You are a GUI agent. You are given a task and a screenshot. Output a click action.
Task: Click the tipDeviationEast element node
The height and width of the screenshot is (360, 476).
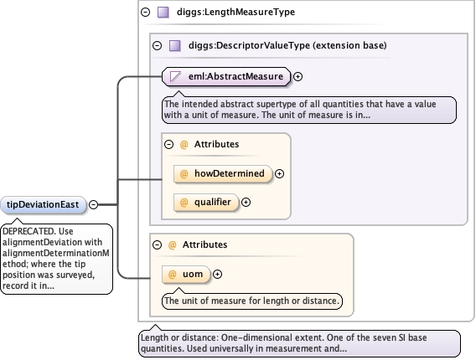[x=43, y=205]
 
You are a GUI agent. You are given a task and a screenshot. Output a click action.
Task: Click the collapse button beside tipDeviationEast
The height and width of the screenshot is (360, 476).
[x=94, y=205]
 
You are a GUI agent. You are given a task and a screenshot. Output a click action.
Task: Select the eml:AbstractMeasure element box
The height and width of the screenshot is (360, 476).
[x=226, y=76]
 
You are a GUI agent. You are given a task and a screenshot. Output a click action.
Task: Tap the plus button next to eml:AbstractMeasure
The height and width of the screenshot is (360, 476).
[x=297, y=76]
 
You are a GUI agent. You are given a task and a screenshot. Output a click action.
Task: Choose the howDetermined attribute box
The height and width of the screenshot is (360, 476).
[x=223, y=173]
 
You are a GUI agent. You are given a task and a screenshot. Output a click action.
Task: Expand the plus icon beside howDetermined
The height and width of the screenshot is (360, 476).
[x=279, y=173]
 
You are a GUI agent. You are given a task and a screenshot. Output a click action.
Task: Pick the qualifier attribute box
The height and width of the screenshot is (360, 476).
[x=206, y=203]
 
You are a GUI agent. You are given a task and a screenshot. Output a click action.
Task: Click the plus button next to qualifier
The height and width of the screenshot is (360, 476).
[x=246, y=203]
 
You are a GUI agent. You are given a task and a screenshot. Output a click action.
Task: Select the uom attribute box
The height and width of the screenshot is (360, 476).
[x=186, y=274]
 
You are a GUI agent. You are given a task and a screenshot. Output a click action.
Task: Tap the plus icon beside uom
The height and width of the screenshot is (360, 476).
[x=217, y=274]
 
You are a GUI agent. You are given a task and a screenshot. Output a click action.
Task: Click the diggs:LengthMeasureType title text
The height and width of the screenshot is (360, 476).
[x=235, y=12]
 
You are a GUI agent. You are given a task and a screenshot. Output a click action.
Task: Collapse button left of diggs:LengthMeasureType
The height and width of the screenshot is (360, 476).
[x=146, y=12]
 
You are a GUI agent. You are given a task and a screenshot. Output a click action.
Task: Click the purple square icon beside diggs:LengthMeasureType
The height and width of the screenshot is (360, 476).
[x=163, y=12]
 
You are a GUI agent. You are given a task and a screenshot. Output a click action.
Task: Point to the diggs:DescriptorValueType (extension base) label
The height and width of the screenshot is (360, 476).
[x=287, y=45]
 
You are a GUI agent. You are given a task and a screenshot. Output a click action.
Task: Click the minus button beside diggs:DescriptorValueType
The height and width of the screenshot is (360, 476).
[x=158, y=46]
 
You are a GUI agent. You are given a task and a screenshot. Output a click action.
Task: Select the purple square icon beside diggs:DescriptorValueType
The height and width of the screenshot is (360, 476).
[x=175, y=46]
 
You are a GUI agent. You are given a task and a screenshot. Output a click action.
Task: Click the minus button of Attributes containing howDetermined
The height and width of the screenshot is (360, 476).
[x=168, y=144]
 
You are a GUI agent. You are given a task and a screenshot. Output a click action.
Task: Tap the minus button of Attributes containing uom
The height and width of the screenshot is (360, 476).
[x=158, y=244]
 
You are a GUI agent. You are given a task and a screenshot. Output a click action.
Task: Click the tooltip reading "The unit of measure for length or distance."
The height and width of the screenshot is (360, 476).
[x=252, y=301]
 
